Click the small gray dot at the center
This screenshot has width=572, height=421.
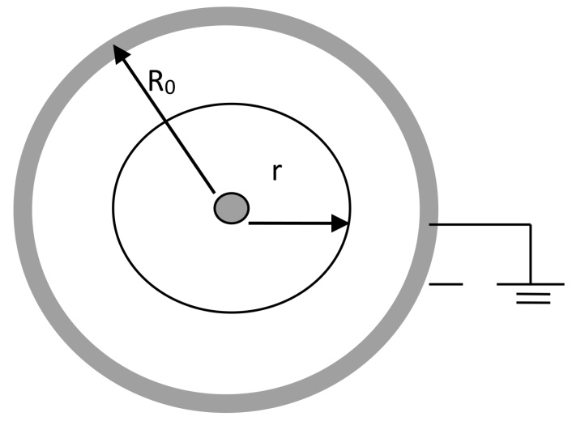click(232, 208)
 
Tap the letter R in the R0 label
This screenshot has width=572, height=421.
click(158, 81)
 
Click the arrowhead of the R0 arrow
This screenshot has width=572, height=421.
click(119, 53)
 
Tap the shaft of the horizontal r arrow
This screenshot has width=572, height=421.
click(292, 223)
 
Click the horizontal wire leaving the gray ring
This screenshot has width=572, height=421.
click(478, 224)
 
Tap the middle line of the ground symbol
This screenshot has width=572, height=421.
click(531, 293)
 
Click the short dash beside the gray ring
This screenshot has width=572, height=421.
click(446, 284)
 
